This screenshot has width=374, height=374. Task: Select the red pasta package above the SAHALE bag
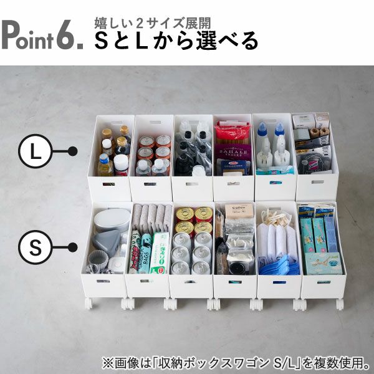pyautogui.click(x=233, y=131)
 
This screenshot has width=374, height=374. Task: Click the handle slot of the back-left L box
pyautogui.click(x=111, y=122)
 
